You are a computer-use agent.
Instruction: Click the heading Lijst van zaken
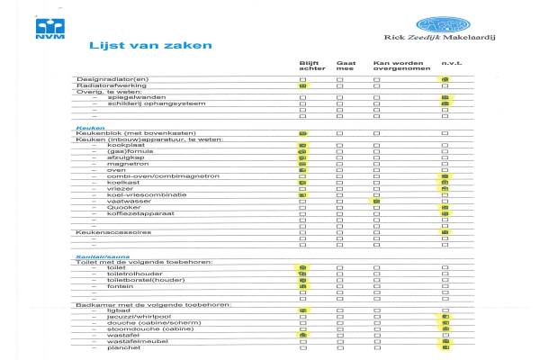pos(150,44)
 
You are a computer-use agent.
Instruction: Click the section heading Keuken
pos(85,127)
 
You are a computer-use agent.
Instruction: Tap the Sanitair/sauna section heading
pos(99,256)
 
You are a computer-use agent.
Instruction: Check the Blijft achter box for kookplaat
pos(303,145)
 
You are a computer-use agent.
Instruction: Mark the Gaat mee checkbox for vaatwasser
pos(339,201)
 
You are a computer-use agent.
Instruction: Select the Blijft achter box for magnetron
pos(303,164)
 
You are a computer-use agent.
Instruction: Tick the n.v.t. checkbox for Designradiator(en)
pos(445,80)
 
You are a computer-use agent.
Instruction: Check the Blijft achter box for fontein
pos(303,286)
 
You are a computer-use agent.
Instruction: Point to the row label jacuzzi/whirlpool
pos(135,317)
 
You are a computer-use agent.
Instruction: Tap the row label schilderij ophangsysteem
pos(141,103)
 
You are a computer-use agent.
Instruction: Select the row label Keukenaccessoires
pos(111,232)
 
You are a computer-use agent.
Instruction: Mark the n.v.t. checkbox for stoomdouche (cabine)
pos(445,329)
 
